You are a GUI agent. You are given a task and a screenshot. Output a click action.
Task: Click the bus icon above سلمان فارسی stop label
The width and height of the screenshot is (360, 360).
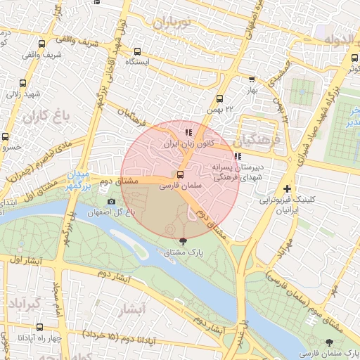pos(181,174)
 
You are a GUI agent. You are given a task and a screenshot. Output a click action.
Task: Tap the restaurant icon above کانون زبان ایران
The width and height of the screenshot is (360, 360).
pos(188,132)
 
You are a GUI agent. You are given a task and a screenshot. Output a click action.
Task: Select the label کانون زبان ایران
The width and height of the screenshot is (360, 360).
pos(188,143)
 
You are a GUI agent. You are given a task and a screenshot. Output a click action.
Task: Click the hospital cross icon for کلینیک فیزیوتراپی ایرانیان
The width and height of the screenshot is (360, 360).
pos(287,189)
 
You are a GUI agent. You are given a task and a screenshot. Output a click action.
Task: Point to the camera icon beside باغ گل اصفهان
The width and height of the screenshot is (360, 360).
pos(111,202)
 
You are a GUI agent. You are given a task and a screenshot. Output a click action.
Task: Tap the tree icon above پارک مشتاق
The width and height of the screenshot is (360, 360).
pos(184,241)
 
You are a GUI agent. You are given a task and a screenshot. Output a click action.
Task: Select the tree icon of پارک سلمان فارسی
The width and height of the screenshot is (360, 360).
pos(330,342)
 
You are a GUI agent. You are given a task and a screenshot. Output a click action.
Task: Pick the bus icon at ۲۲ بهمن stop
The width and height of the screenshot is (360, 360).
pos(219,99)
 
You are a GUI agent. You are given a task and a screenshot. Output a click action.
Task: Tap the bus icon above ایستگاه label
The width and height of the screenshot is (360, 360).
pos(137,51)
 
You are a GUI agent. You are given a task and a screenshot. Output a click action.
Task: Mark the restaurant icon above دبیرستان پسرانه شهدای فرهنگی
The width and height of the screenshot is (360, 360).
pos(237,157)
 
